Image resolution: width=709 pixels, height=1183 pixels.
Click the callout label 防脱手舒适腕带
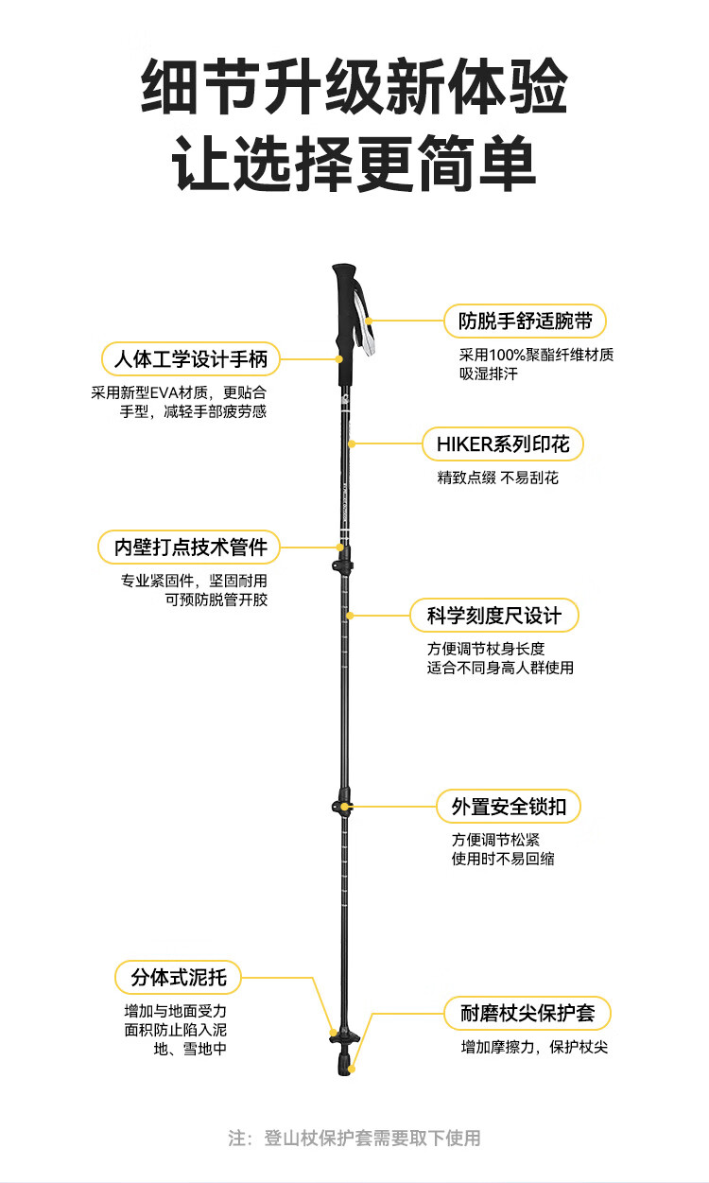click(526, 322)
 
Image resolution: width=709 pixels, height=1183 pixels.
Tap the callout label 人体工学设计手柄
click(191, 359)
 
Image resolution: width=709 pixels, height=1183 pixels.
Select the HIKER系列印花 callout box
click(502, 444)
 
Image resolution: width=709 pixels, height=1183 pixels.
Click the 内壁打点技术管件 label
click(190, 547)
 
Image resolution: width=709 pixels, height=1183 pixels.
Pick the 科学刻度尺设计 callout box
click(493, 616)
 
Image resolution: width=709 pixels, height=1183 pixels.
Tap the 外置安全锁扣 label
click(509, 807)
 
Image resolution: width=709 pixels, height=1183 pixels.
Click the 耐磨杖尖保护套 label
click(527, 1014)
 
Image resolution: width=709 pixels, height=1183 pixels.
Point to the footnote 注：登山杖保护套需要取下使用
click(354, 1138)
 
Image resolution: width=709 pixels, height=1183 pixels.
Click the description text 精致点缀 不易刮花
click(498, 478)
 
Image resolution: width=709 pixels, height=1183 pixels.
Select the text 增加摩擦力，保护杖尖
click(535, 1048)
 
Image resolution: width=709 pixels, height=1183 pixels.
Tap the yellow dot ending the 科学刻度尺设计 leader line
click(350, 616)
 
